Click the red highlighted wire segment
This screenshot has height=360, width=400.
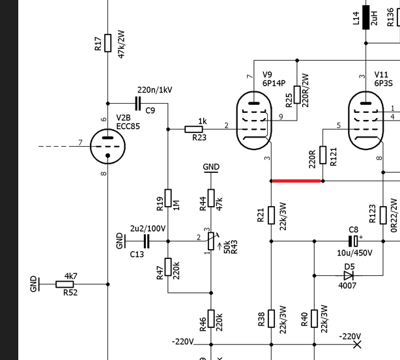pyautogui.click(x=296, y=181)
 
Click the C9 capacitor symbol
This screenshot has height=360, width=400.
pyautogui.click(x=137, y=104)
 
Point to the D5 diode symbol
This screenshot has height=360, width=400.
pyautogui.click(x=349, y=276)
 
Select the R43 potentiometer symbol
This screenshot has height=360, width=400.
pyautogui.click(x=211, y=241)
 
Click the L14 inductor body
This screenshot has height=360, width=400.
pyautogui.click(x=366, y=18)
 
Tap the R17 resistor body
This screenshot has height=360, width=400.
pyautogui.click(x=108, y=43)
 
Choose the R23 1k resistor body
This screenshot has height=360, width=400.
pyautogui.click(x=193, y=129)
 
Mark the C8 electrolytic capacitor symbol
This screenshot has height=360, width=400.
pyautogui.click(x=354, y=241)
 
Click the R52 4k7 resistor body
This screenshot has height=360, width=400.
pyautogui.click(x=64, y=284)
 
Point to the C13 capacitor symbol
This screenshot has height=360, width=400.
pyautogui.click(x=146, y=241)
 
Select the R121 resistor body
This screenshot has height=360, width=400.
pyautogui.click(x=323, y=155)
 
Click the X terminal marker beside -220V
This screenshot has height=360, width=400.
pyautogui.click(x=358, y=345)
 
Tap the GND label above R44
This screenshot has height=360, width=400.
pyautogui.click(x=211, y=167)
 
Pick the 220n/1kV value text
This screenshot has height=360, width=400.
pyautogui.click(x=155, y=90)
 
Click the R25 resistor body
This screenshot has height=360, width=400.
pyautogui.click(x=297, y=95)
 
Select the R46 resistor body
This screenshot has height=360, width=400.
pyautogui.click(x=211, y=318)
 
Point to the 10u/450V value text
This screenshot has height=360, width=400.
pyautogui.click(x=354, y=253)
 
